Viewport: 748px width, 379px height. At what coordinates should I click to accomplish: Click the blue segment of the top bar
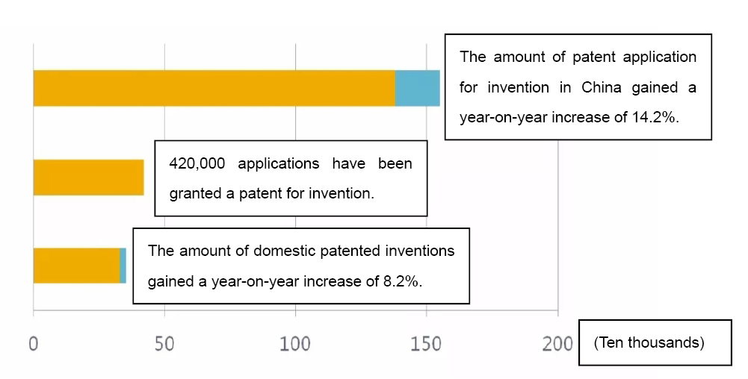click(x=418, y=88)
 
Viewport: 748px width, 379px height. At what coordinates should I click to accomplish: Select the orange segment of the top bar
click(x=214, y=88)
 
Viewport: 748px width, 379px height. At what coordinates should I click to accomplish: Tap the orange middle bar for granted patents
click(x=89, y=177)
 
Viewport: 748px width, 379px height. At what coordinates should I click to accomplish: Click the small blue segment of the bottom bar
click(x=123, y=266)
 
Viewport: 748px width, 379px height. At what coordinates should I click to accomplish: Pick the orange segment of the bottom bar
click(x=76, y=266)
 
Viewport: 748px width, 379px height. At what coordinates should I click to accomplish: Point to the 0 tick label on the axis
click(x=34, y=343)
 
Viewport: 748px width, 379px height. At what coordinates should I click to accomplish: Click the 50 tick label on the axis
click(x=164, y=343)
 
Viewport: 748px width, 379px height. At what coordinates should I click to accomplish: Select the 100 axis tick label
click(x=295, y=343)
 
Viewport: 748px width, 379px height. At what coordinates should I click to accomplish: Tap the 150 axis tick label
click(x=426, y=343)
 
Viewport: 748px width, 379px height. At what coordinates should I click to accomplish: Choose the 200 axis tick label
click(x=557, y=343)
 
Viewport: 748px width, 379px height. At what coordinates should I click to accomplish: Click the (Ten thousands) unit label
click(x=649, y=342)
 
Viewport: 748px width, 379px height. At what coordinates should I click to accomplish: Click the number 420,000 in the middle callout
click(x=197, y=164)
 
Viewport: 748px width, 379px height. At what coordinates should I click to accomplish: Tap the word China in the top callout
click(x=601, y=87)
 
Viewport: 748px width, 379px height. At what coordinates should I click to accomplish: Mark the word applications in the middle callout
click(x=279, y=164)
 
